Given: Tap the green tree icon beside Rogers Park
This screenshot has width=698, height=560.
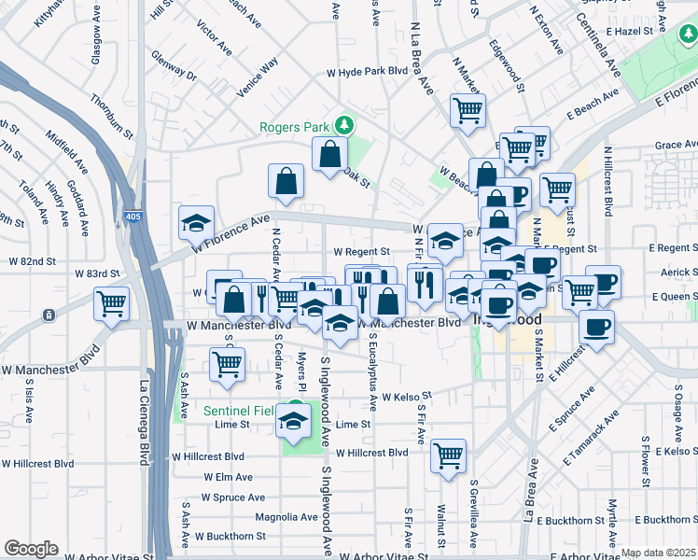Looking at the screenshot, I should point(344,123).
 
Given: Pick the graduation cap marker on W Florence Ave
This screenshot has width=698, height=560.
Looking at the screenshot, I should point(196,223).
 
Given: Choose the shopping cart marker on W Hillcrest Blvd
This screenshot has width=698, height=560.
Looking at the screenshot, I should point(449,456).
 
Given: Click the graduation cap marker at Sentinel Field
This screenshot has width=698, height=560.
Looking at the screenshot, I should point(294,421).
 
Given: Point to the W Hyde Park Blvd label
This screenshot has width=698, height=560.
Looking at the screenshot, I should point(368,71).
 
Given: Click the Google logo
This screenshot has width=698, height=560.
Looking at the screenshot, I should point(31,548).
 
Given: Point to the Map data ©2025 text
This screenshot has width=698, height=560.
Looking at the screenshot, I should point(659,553).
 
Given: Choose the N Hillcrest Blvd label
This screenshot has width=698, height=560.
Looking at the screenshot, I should point(607,181).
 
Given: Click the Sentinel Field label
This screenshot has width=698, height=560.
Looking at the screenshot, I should point(242,410).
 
